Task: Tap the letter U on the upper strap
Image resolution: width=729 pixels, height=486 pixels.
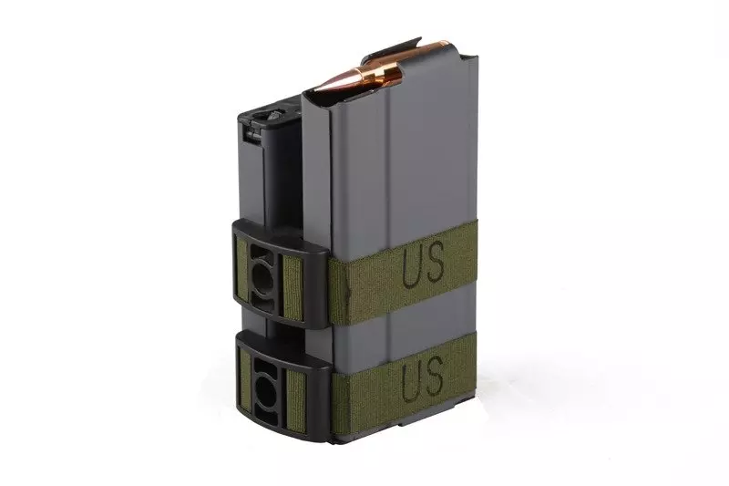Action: coord(412,265)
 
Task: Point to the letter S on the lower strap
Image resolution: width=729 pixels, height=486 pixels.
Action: coord(434,372)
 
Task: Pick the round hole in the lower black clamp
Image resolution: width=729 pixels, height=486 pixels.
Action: coord(264,384)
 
